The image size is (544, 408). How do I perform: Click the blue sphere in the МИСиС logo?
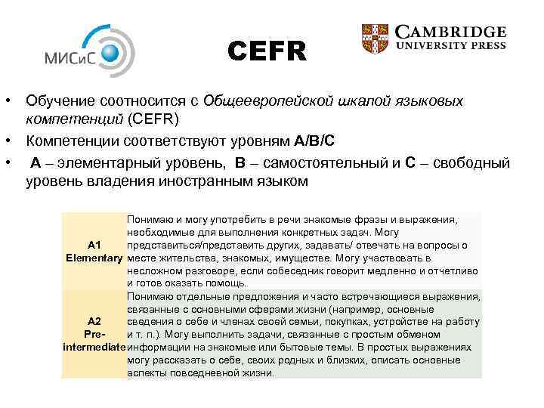[x=110, y=51]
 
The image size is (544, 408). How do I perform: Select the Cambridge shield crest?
[x=375, y=39]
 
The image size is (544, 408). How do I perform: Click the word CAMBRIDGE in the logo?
[x=451, y=32]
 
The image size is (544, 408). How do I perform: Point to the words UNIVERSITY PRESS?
[x=451, y=46]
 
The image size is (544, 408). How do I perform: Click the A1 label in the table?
[x=94, y=245]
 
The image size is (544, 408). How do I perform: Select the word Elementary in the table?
[x=94, y=258]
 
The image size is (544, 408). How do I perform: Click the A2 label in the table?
[x=94, y=321]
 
